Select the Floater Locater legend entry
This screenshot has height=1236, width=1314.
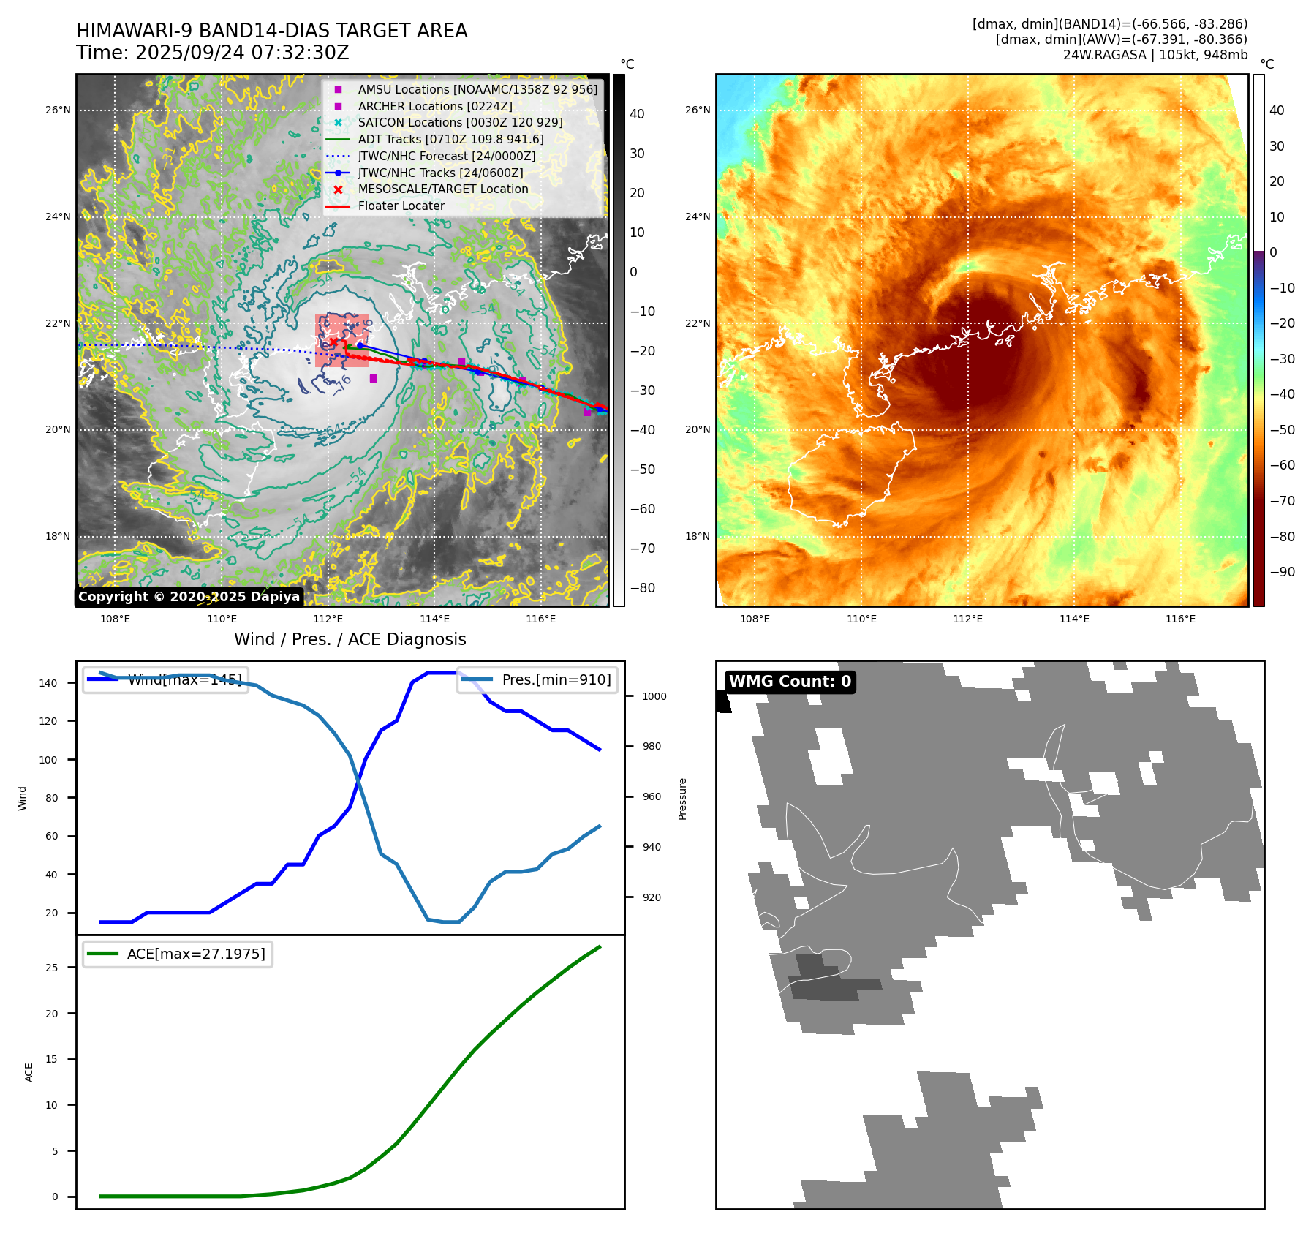point(401,206)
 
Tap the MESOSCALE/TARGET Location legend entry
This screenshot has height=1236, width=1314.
point(442,189)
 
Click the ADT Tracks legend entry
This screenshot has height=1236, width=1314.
point(450,139)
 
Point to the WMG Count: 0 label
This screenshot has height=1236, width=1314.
point(790,682)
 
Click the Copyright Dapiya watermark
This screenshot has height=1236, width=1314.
point(189,597)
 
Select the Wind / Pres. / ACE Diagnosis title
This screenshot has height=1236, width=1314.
point(350,639)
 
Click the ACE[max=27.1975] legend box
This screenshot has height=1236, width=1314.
point(178,954)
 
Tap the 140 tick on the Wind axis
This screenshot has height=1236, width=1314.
point(48,683)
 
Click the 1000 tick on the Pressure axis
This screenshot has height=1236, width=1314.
point(654,696)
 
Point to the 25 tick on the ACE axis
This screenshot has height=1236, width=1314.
point(51,968)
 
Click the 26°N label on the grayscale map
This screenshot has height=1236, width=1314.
point(58,110)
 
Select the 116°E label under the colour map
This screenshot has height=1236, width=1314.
point(1180,619)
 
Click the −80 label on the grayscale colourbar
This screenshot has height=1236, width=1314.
point(643,588)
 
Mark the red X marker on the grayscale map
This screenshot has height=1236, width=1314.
point(333,342)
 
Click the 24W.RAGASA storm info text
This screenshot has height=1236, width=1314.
point(1155,55)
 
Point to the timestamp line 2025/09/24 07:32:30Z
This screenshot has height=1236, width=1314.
point(212,53)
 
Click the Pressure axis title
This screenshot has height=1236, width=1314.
point(682,799)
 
